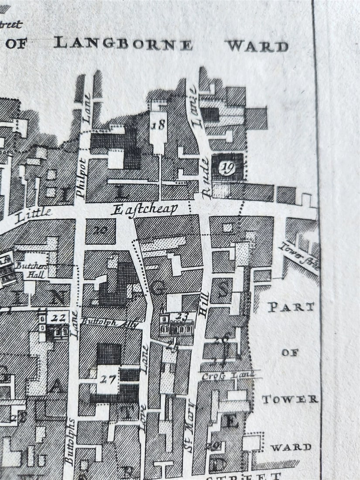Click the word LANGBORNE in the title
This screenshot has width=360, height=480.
tap(123, 44)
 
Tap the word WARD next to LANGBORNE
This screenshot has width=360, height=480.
tap(257, 46)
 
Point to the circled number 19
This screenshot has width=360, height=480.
tap(227, 168)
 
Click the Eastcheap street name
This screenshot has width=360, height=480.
tap(144, 209)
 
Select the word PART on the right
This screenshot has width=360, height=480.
tap(291, 307)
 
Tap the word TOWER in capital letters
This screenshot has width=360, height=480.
tap(290, 399)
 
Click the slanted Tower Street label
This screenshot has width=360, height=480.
tap(298, 257)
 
